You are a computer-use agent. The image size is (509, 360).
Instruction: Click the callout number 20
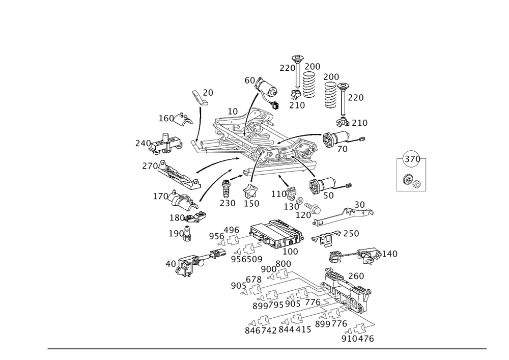coord(209,92)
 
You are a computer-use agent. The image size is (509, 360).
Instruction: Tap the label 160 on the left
coord(166,119)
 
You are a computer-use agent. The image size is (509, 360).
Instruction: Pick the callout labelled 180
coord(178,217)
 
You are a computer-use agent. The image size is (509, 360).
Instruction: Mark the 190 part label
coord(176,233)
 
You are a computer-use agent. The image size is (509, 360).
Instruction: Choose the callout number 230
coord(228,203)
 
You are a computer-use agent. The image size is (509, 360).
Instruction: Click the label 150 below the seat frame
coord(252,203)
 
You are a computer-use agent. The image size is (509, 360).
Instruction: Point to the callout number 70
coord(343,149)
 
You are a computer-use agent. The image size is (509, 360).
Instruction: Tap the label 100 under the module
coord(291,252)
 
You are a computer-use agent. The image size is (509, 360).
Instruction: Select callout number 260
coord(356,276)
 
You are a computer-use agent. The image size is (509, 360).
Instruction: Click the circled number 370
coord(411,159)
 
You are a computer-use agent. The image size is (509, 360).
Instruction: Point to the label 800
coord(284,264)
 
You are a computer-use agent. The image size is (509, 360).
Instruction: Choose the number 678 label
coord(253,280)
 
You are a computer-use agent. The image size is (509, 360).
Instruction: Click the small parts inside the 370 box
coord(411,180)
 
